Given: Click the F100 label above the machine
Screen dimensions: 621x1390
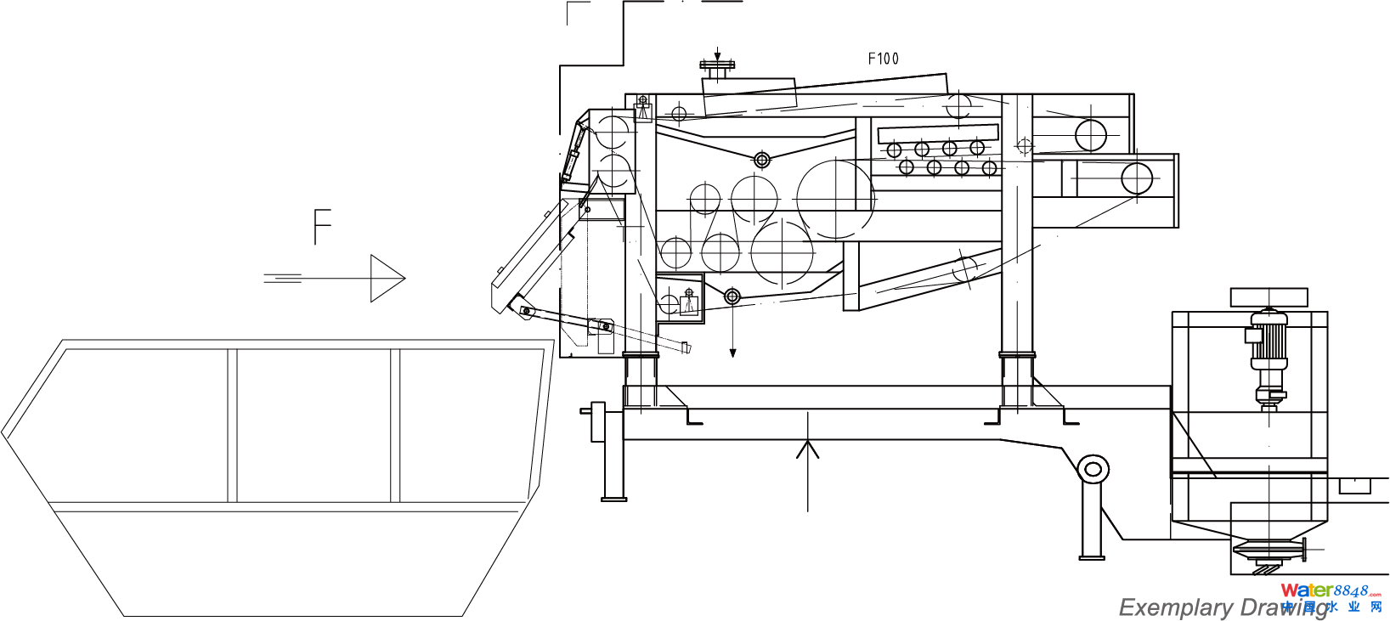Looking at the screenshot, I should coord(883,59).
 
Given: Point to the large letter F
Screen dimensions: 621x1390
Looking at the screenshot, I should coord(322,227).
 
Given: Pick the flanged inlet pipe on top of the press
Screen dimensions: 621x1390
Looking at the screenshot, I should coord(717,68).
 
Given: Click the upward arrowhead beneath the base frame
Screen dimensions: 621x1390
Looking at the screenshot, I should coord(807,448).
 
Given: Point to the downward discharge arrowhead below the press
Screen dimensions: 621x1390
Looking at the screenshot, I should coord(732,353).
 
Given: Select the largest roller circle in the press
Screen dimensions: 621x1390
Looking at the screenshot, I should coord(835,199).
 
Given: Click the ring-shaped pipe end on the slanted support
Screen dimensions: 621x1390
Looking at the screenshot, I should coord(1093,469).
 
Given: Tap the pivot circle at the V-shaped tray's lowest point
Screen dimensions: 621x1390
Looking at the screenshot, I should coord(761,160).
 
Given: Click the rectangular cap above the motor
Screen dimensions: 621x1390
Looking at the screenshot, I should coord(1269,296).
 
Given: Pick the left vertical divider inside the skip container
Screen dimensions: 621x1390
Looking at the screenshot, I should coord(232,425).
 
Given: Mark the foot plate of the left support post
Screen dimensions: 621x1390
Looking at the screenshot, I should coord(613,499).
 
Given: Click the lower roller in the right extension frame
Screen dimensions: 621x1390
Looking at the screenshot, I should coord(1136,178).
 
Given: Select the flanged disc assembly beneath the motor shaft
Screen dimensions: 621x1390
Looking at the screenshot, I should coord(1268,551).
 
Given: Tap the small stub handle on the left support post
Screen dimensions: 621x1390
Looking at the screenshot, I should coord(586,411).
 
